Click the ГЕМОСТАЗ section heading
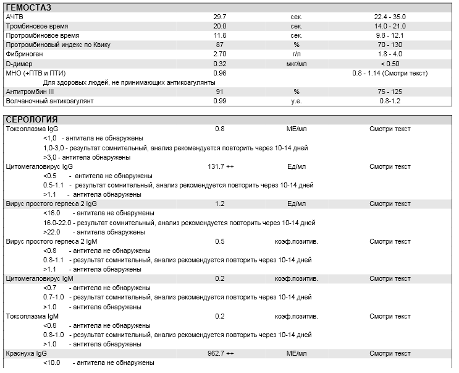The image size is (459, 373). (28, 7)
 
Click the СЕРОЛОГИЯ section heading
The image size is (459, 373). (32, 119)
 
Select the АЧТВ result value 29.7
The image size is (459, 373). (220, 17)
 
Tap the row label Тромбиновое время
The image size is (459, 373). (37, 27)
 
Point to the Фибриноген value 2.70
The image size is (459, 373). (220, 54)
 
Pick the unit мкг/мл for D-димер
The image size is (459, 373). (297, 64)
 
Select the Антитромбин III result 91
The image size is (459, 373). (220, 92)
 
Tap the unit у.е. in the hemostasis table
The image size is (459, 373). (297, 101)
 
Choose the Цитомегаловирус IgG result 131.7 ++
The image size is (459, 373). (221, 166)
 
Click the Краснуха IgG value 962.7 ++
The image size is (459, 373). (221, 353)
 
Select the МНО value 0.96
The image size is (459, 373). (220, 73)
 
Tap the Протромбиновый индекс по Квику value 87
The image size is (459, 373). (220, 45)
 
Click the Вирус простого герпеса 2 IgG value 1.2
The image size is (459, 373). (220, 204)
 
